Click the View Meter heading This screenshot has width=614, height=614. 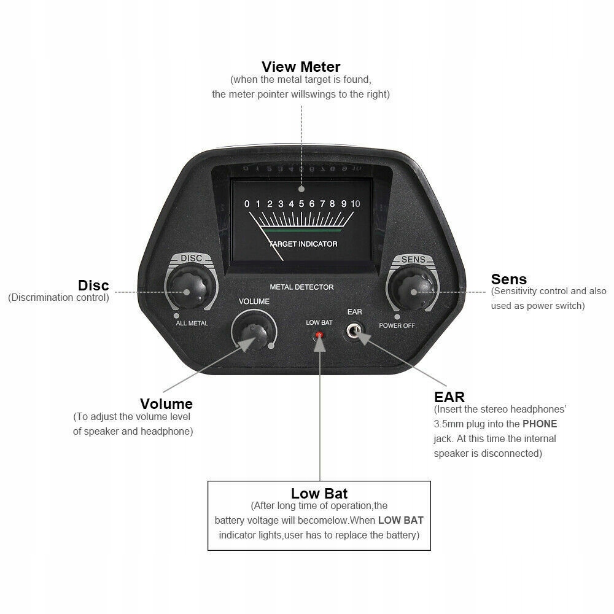tap(301, 66)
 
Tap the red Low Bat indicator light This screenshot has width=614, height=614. tap(319, 335)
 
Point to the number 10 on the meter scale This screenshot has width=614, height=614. tap(355, 204)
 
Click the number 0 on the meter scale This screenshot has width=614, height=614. tap(247, 204)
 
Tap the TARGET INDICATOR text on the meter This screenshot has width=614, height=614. tap(303, 244)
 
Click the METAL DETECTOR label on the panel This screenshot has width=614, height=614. tap(301, 287)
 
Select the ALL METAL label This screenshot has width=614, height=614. tap(192, 323)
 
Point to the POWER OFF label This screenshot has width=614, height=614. tap(397, 325)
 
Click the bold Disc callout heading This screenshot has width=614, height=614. tap(93, 286)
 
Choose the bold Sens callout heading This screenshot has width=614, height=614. tap(508, 280)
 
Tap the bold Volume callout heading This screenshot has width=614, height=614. tap(166, 404)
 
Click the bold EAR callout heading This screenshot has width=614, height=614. tap(449, 397)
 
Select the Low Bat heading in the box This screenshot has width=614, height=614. tap(319, 494)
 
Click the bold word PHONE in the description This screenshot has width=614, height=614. tap(540, 424)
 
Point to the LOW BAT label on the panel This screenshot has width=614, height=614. tap(319, 322)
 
